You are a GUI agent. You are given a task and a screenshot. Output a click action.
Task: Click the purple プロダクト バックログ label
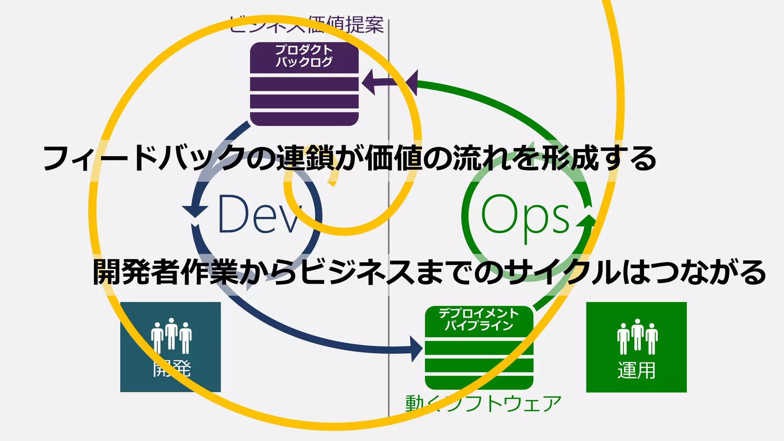(x=304, y=56)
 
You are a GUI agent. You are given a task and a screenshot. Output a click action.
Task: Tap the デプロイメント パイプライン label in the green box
(x=479, y=319)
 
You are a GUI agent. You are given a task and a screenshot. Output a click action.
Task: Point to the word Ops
(x=525, y=215)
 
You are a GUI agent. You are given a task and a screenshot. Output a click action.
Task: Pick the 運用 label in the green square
(x=636, y=370)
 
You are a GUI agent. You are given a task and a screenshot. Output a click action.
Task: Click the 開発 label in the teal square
(x=171, y=369)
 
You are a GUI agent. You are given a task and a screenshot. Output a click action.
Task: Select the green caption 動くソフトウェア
(x=483, y=404)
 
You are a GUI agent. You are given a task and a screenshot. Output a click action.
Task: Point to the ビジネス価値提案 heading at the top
(x=306, y=25)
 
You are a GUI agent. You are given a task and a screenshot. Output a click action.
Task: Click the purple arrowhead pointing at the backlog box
(x=368, y=82)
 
